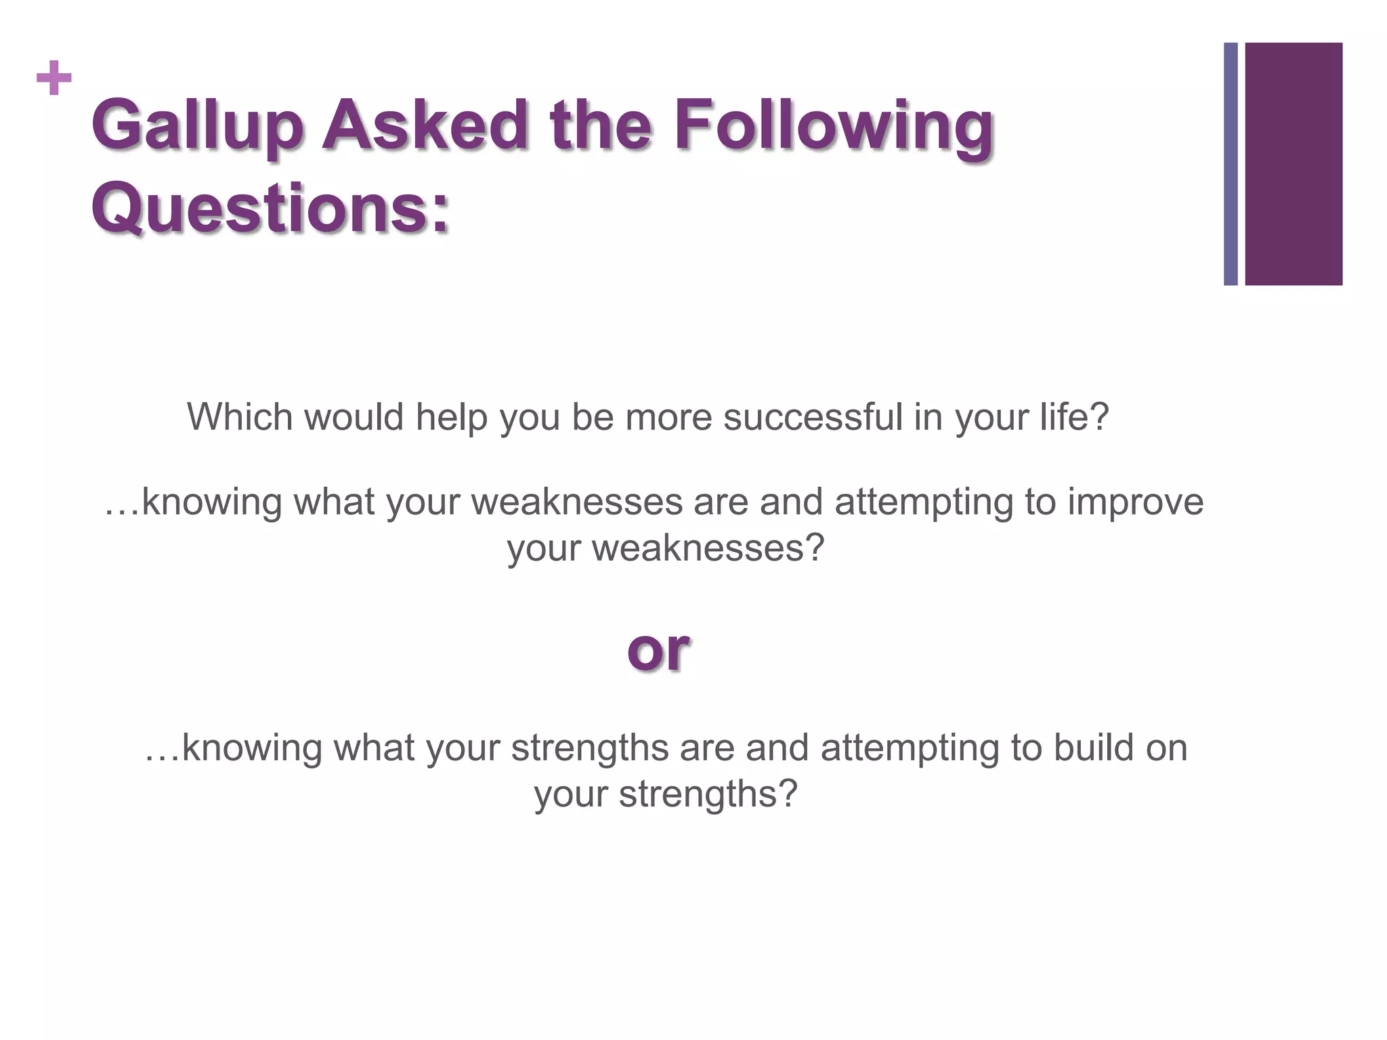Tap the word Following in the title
[x=833, y=125]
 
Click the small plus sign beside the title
[x=54, y=79]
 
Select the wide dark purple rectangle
[x=1293, y=164]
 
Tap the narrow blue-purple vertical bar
[x=1231, y=164]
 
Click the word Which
[x=240, y=416]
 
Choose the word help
[x=451, y=416]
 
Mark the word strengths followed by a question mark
[x=707, y=794]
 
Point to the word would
[x=353, y=416]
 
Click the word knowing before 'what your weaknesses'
[x=211, y=502]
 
